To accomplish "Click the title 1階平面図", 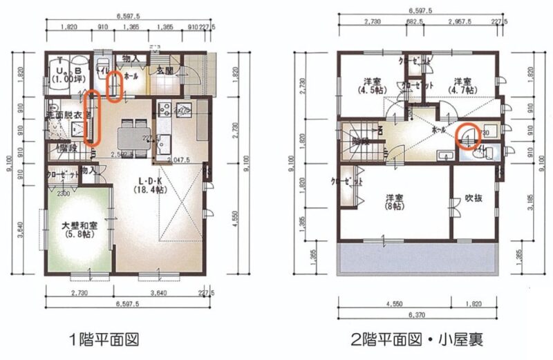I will [x=104, y=339].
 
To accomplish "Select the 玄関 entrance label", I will [x=164, y=71].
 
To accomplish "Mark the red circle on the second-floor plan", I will [x=468, y=135].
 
